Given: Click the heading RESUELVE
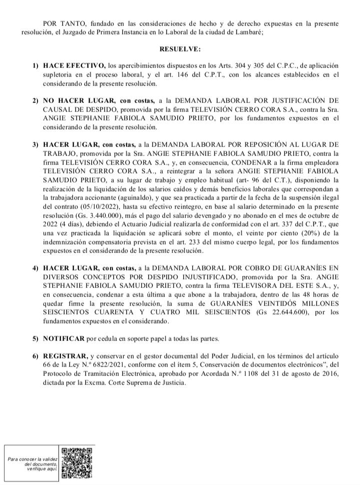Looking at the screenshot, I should click(180, 50).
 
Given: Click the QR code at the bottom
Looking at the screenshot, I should click(77, 463).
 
